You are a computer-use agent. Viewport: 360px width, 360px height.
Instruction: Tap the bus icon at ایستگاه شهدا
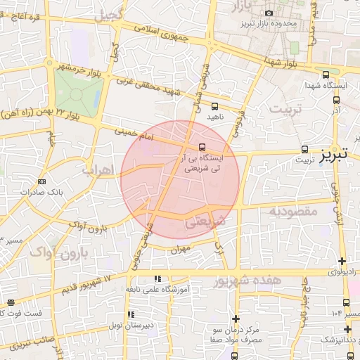point(325,75)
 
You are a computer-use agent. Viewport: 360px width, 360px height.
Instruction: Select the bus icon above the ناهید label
point(214,106)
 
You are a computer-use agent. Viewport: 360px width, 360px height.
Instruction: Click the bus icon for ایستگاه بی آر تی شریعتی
point(202,148)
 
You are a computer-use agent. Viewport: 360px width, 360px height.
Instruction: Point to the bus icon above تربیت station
point(304,149)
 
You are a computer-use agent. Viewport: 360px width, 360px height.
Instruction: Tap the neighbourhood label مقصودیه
point(294,211)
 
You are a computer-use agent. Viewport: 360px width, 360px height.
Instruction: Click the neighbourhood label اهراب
point(97,171)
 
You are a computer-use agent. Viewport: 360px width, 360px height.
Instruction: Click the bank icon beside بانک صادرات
point(43,181)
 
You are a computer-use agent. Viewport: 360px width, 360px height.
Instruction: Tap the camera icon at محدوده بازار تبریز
point(269,13)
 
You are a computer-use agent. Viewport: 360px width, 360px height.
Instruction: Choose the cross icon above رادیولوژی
point(342,262)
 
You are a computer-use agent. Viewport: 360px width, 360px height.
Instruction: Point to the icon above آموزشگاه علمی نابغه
point(157,279)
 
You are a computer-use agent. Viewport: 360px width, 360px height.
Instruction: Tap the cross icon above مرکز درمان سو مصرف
point(236,319)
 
